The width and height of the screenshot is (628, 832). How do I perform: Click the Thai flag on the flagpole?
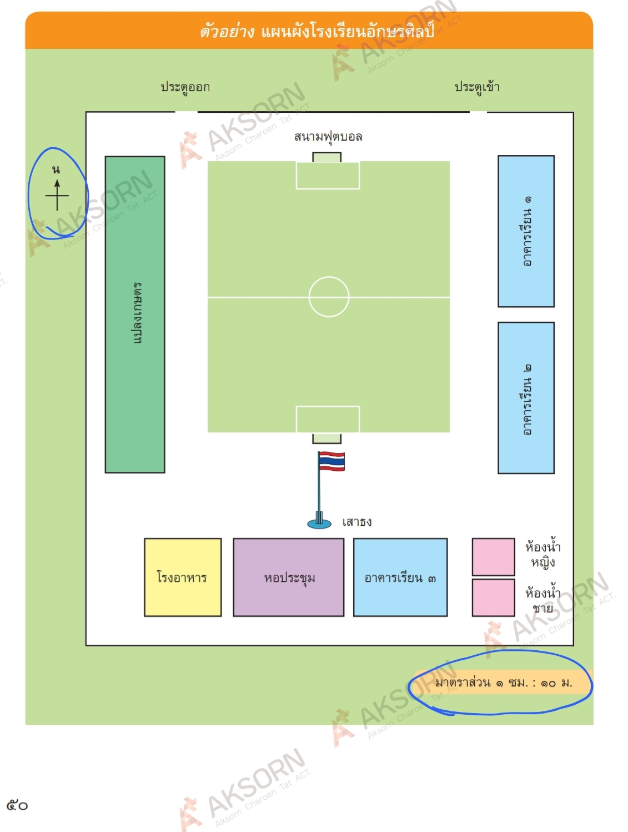coord(331,461)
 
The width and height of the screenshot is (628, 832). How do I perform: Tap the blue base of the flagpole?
coord(319,523)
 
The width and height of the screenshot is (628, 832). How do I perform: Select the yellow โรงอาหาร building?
coord(183,577)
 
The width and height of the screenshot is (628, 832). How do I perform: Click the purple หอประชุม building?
coord(289,577)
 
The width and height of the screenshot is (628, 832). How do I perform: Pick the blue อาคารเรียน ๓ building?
coord(400,577)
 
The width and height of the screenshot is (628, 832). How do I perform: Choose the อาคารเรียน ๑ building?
coord(526,231)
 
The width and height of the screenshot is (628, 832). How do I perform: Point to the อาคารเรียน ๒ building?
coord(526,398)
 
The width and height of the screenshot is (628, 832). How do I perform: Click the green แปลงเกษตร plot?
coord(135,315)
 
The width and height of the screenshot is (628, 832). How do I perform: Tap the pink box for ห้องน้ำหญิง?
coord(493,556)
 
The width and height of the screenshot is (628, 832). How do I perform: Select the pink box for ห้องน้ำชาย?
coord(493,597)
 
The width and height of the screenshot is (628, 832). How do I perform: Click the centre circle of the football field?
coord(329,297)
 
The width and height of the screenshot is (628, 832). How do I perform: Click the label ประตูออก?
coord(185,87)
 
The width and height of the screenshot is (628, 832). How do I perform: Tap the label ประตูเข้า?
coord(477,87)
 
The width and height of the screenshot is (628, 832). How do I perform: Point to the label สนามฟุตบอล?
coord(328,137)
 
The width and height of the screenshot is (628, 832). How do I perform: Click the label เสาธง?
coord(357,522)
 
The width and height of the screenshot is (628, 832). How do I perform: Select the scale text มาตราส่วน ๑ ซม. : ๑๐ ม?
coord(503,682)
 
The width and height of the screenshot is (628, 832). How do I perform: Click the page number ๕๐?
coord(17,805)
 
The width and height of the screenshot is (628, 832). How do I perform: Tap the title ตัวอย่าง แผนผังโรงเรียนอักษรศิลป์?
coord(316,31)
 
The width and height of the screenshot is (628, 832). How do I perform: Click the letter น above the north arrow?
coord(56,170)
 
